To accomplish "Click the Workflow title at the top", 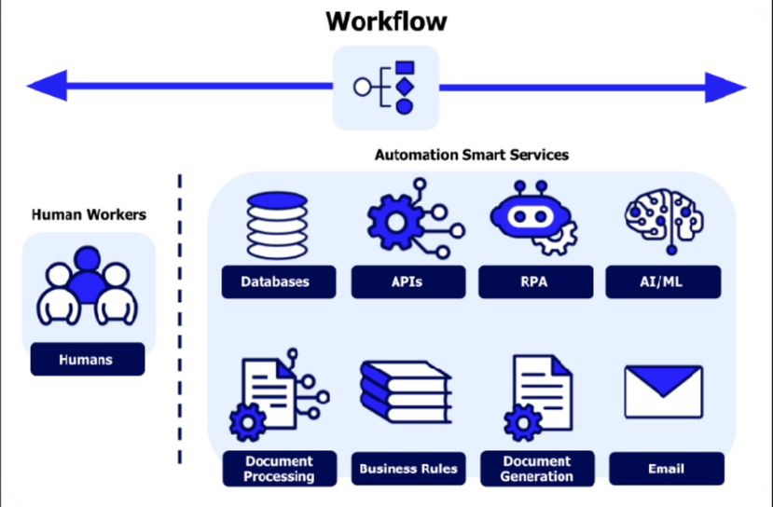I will pos(386,21).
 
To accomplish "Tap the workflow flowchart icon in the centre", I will pos(386,88).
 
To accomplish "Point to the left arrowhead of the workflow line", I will pos(47,88).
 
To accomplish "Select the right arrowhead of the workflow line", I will pos(726,88).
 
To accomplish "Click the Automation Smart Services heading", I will pos(472,155).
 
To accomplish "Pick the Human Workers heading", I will pos(89,214).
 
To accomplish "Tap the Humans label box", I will pos(88,359).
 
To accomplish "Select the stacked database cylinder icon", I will pos(275,226).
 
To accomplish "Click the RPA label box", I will pos(534,281).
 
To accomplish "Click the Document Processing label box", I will pos(280,469).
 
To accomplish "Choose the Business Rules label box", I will pos(408,469).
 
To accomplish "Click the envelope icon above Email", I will pos(663,391).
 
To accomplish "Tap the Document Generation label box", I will pos(536,469).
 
